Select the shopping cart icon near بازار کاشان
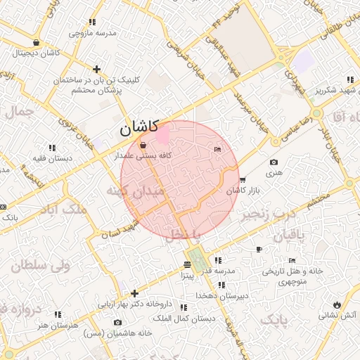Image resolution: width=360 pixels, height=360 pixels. (x=243, y=180)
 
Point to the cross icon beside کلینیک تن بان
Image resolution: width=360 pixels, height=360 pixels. (x=96, y=69)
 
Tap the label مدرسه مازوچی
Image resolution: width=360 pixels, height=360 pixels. (x=92, y=33)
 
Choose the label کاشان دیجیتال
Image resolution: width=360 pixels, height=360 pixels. (x=35, y=53)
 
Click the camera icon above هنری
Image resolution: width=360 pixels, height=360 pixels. (x=274, y=162)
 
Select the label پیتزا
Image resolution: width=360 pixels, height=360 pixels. (x=186, y=275)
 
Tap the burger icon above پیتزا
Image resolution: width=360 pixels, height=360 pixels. (x=186, y=264)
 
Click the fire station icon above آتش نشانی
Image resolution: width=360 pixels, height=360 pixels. (x=338, y=304)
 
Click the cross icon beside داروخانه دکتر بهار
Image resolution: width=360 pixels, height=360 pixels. (x=135, y=293)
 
